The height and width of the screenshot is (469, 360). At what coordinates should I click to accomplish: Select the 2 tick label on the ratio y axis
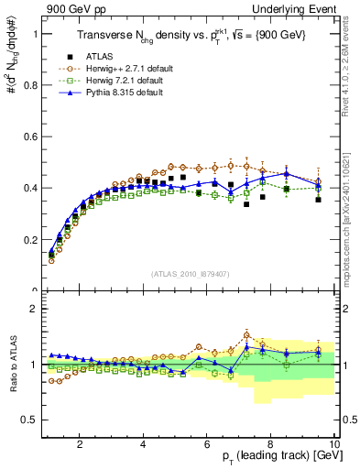click(x=31, y=309)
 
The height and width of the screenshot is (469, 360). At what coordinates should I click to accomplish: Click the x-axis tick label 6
click(x=207, y=444)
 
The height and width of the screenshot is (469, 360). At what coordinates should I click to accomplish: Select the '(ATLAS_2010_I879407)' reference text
click(x=191, y=274)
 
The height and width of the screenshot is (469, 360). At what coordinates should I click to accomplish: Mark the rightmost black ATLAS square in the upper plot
click(x=318, y=199)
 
